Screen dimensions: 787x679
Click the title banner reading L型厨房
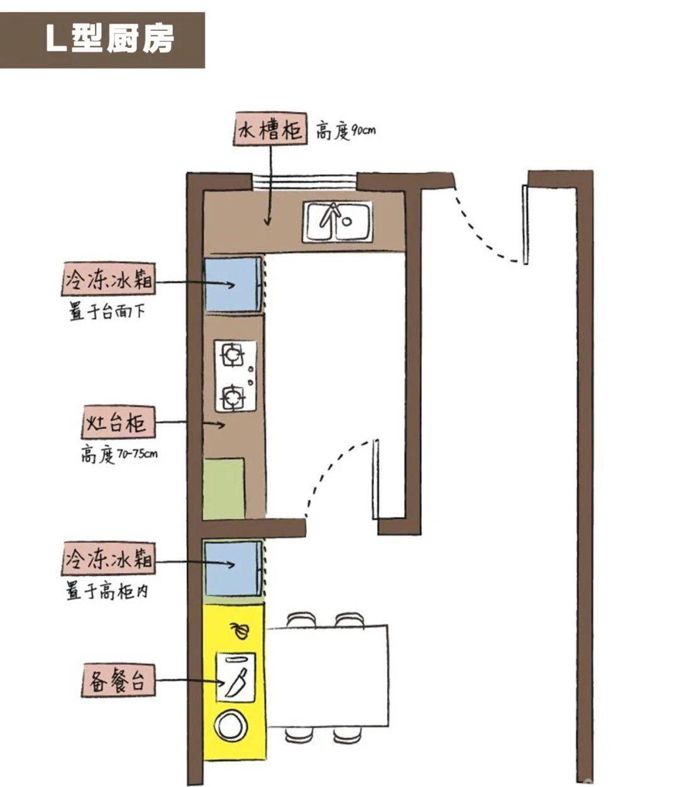pyautogui.click(x=102, y=40)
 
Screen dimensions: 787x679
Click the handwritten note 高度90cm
pyautogui.click(x=345, y=131)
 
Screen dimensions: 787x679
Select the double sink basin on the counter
pyautogui.click(x=338, y=221)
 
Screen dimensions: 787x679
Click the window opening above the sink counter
pyautogui.click(x=304, y=180)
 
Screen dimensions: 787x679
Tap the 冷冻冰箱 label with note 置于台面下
pyautogui.click(x=108, y=281)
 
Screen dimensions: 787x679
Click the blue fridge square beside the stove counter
pyautogui.click(x=233, y=284)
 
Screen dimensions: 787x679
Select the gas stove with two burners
pyautogui.click(x=236, y=376)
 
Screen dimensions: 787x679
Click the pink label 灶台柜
pyautogui.click(x=118, y=423)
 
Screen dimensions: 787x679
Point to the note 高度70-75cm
pyautogui.click(x=118, y=454)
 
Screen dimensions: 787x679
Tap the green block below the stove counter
pyautogui.click(x=224, y=489)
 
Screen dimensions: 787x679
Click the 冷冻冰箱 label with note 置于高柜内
pyautogui.click(x=108, y=559)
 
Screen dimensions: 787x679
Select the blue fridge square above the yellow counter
pyautogui.click(x=233, y=568)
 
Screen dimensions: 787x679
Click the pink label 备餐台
pyautogui.click(x=118, y=683)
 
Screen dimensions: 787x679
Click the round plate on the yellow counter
pyautogui.click(x=231, y=725)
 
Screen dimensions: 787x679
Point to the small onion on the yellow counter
pyautogui.click(x=240, y=629)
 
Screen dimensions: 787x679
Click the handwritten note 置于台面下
pyautogui.click(x=106, y=311)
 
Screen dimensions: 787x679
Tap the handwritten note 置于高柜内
pyautogui.click(x=108, y=591)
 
